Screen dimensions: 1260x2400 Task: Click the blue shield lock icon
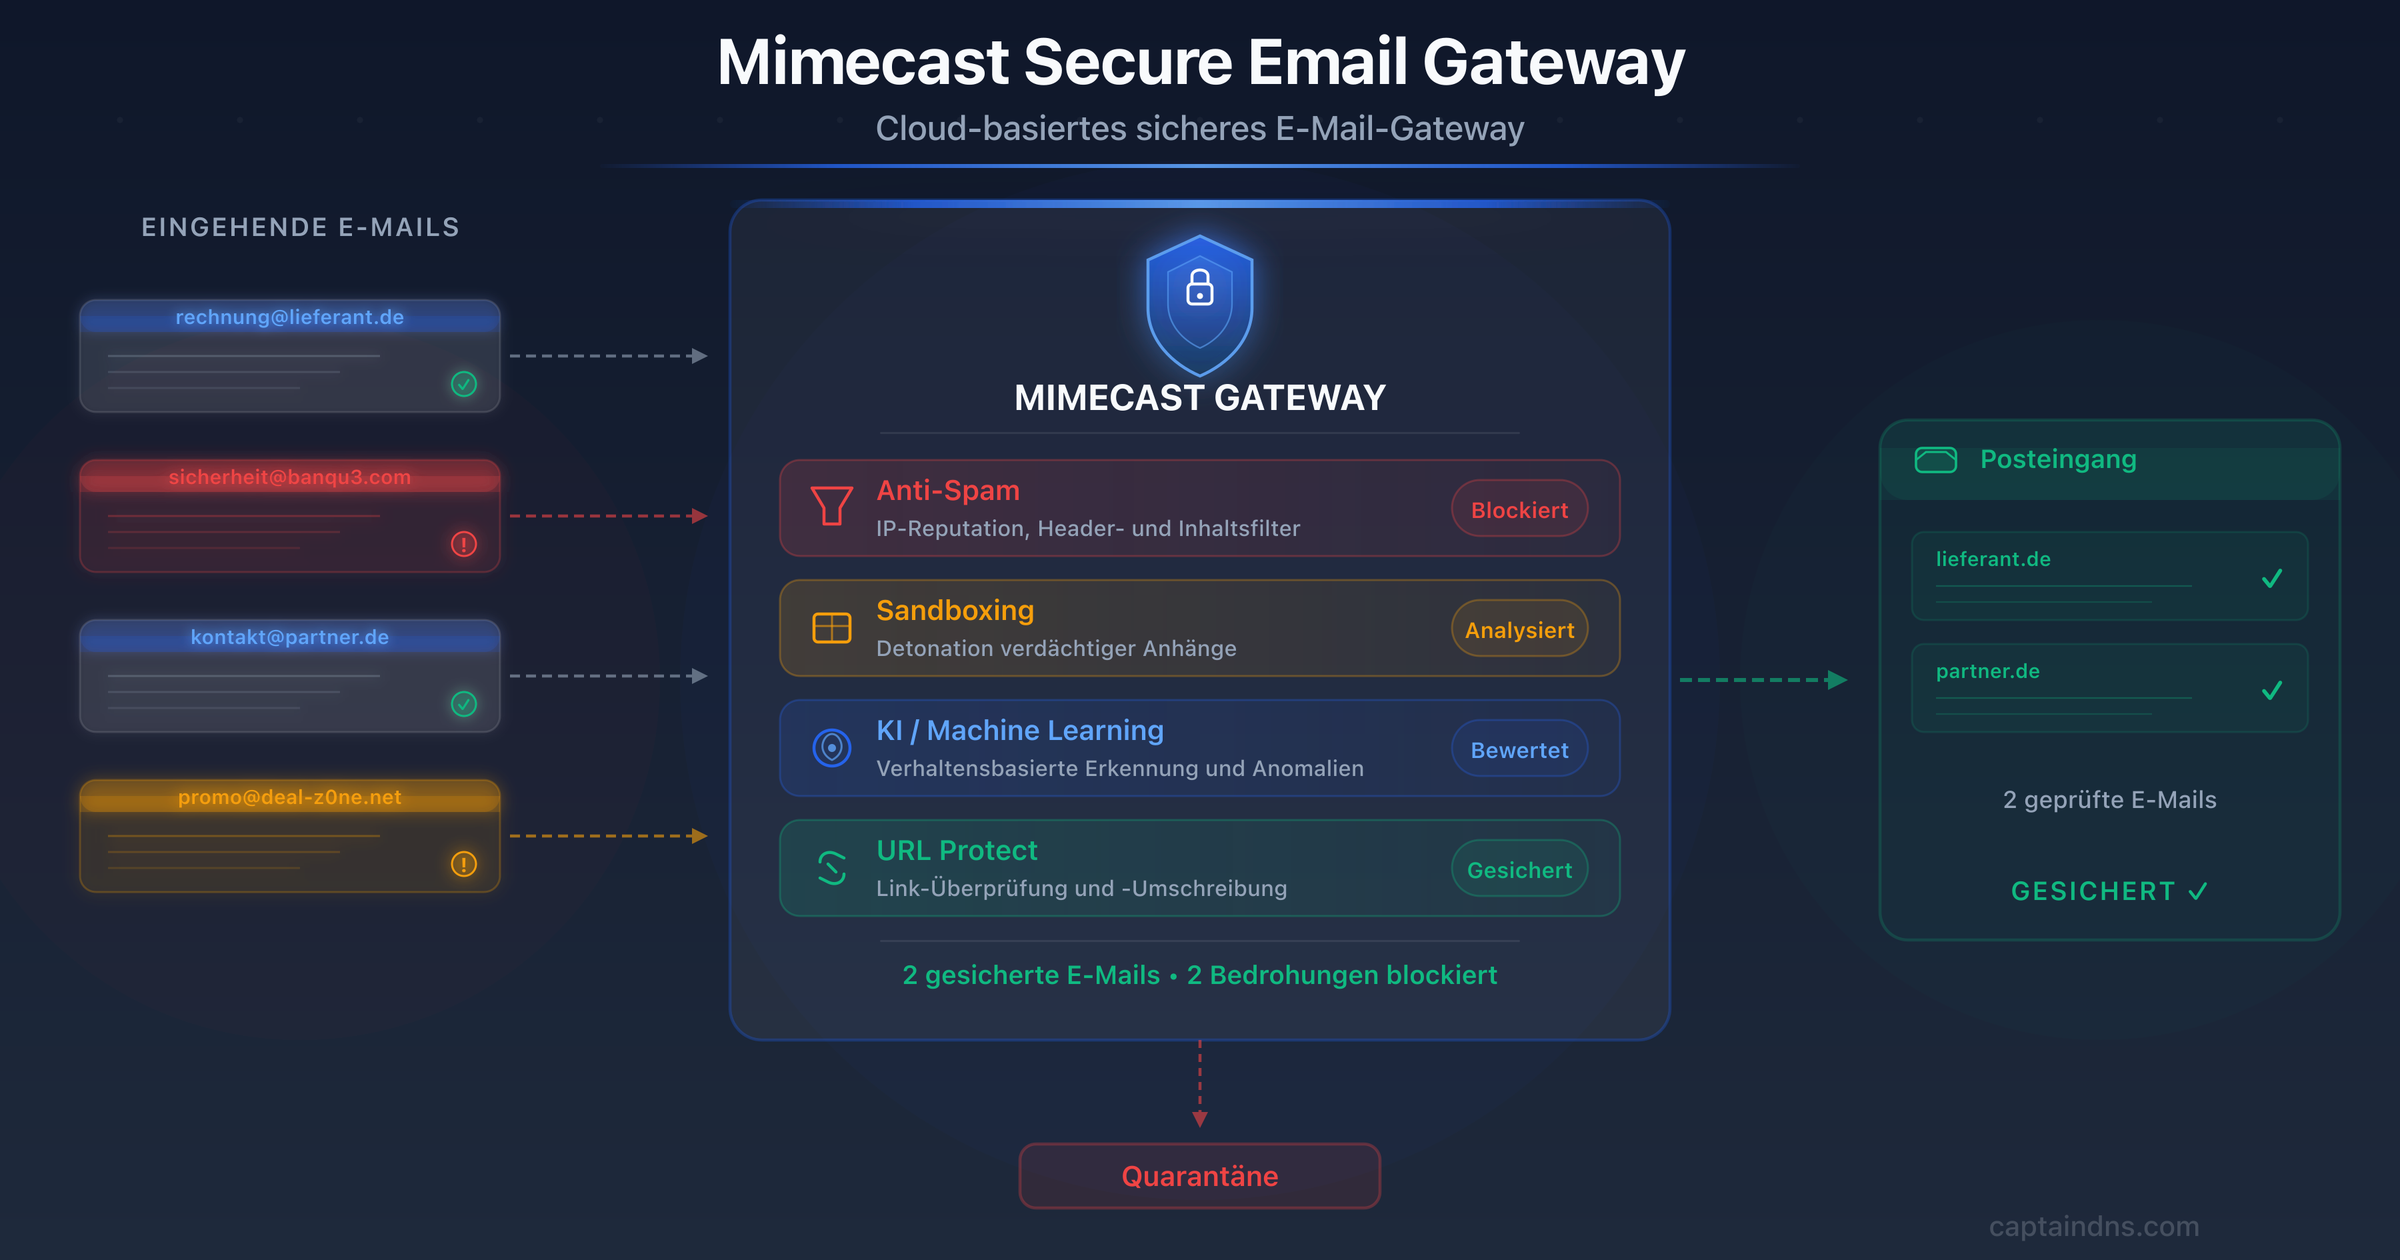coord(1200,303)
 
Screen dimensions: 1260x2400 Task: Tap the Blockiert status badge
coord(1519,510)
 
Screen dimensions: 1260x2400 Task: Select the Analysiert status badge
coord(1519,630)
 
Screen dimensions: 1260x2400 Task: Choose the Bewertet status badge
coord(1519,750)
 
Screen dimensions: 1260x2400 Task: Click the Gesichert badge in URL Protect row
coord(1519,869)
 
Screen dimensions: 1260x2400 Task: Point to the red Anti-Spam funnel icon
coord(831,506)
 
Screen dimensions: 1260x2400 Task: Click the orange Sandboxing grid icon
coord(831,628)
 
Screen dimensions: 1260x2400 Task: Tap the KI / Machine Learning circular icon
coord(831,747)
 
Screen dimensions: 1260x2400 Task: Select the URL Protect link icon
coord(831,867)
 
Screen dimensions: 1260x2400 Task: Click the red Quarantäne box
coord(1199,1176)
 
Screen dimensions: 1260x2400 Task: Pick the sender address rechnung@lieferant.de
coord(290,317)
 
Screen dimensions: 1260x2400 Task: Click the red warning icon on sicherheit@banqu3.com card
coord(464,544)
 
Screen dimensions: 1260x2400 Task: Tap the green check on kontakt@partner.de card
coord(464,703)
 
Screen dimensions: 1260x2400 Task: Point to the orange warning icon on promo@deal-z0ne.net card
coord(464,864)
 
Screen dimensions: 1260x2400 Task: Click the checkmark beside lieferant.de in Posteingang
coord(2271,579)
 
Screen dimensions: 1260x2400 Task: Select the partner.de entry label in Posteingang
coord(1987,671)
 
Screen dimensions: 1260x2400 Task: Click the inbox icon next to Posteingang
coord(1935,459)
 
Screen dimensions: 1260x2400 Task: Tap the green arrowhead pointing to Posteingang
coord(1837,680)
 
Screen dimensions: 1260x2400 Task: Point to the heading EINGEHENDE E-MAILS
coord(300,227)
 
